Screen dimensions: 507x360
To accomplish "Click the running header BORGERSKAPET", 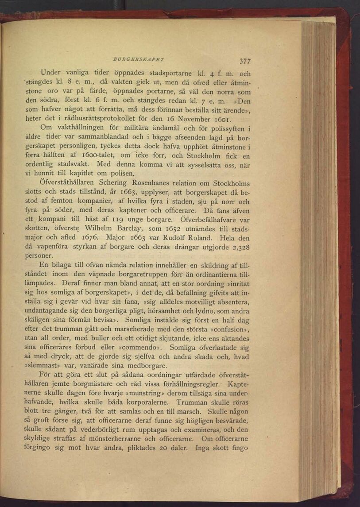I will pyautogui.click(x=132, y=58).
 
